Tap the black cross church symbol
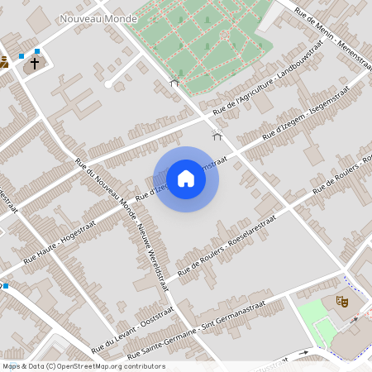(35, 62)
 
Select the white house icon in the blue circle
(186, 179)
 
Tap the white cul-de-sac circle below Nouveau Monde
(108, 83)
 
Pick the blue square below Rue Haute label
(5, 286)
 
